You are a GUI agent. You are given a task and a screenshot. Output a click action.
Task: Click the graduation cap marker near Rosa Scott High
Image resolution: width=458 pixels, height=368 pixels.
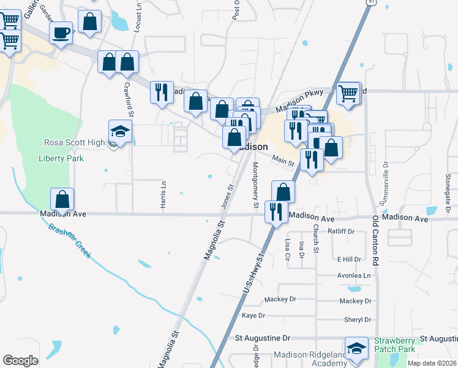120,132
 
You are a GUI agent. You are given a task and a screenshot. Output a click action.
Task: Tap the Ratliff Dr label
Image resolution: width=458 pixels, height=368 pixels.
341,231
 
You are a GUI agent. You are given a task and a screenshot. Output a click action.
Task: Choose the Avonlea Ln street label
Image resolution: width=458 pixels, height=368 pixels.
354,275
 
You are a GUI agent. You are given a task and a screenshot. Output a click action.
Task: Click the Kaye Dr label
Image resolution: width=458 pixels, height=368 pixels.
253,316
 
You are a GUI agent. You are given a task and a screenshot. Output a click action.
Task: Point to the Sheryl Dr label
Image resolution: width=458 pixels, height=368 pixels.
358,320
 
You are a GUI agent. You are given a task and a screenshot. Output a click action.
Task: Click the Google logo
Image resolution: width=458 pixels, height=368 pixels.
20,361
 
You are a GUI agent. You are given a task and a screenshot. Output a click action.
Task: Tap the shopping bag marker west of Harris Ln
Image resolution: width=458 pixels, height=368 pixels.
62,199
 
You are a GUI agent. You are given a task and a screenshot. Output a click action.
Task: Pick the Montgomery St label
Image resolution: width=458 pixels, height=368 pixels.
256,180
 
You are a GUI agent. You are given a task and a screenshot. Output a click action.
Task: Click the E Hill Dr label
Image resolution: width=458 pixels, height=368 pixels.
350,259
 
